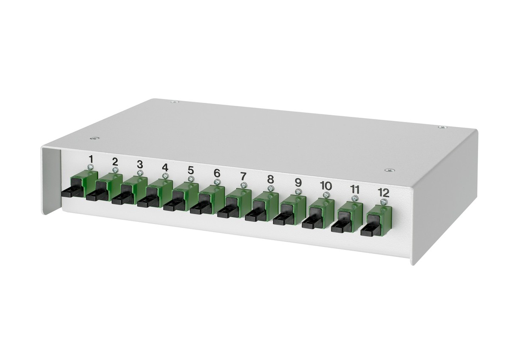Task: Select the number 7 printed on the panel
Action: (x=243, y=176)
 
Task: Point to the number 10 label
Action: (x=326, y=186)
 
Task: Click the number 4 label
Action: (x=165, y=167)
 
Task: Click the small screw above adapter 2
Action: (x=115, y=170)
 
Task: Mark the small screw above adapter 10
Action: (x=326, y=195)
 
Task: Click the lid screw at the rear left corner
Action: (x=173, y=102)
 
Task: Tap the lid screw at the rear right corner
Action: (x=442, y=127)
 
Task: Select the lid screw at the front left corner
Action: (x=94, y=138)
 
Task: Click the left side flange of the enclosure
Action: (x=51, y=179)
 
